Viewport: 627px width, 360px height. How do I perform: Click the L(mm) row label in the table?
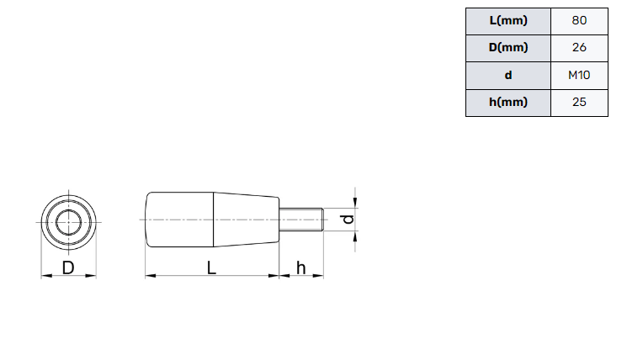pos(508,21)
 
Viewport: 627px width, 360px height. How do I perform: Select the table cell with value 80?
pos(579,21)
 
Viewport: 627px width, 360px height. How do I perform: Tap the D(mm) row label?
pos(508,48)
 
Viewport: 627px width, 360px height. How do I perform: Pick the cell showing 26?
pos(579,48)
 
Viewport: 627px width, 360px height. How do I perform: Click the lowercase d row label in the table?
pos(508,75)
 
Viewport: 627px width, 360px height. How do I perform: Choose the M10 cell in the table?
pos(579,75)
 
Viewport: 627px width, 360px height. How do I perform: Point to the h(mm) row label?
pos(508,103)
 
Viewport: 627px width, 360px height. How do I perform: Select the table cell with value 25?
pos(579,103)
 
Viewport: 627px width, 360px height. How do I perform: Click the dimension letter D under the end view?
pos(68,267)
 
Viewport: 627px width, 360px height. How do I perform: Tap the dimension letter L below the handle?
pos(211,267)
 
